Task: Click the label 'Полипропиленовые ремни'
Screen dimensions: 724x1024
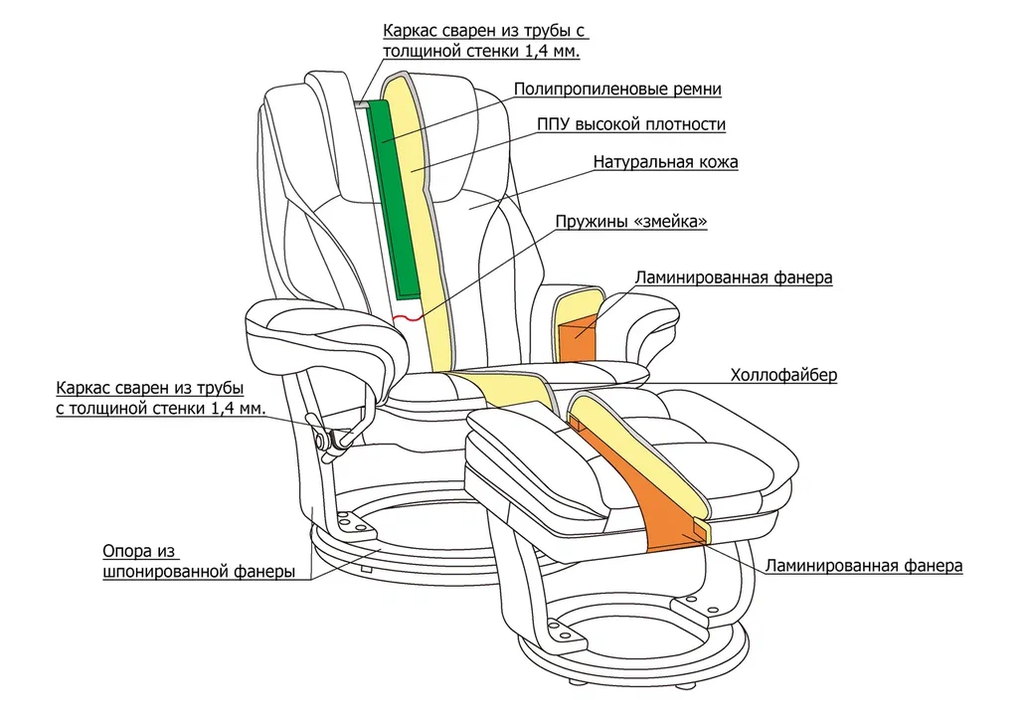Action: tap(617, 89)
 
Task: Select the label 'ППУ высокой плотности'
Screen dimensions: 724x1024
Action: tap(631, 125)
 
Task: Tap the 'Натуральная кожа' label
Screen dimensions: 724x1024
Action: tap(665, 161)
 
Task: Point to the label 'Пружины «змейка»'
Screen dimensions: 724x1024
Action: tap(631, 222)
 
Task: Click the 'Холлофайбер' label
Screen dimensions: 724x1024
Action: tap(783, 375)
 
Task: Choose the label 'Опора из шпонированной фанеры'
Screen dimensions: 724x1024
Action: tap(198, 562)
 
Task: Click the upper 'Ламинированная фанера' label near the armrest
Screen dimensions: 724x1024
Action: tap(733, 278)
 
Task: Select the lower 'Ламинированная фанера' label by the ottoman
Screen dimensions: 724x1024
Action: tap(863, 565)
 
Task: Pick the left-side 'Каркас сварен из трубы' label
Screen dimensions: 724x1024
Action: tap(160, 398)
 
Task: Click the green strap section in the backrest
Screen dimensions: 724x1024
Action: tap(396, 200)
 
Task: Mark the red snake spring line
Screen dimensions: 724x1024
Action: tap(408, 318)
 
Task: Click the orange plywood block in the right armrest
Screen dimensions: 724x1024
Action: tap(576, 336)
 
